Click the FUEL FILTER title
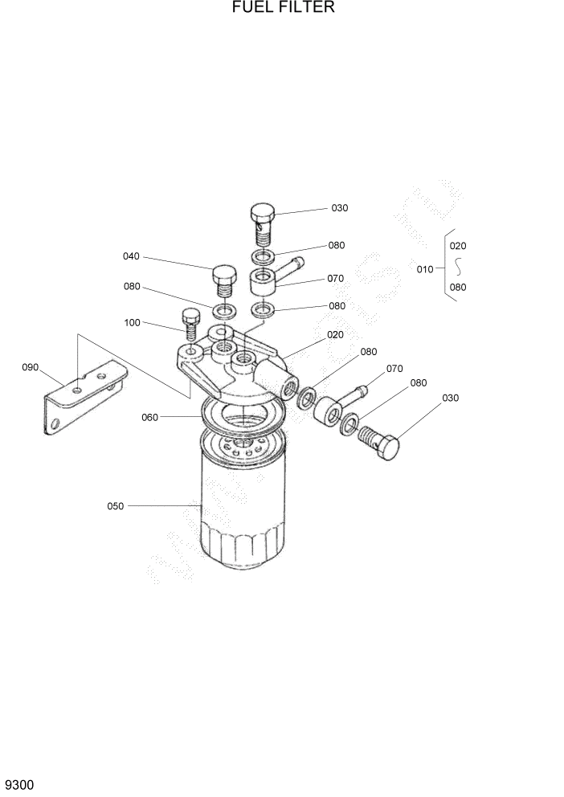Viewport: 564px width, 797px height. tap(282, 9)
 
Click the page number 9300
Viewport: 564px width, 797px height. tap(19, 783)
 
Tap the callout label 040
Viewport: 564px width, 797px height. tap(131, 256)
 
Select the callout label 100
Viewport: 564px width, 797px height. tap(132, 322)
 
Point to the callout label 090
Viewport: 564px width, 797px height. tap(31, 367)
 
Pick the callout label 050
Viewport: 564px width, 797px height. tap(116, 506)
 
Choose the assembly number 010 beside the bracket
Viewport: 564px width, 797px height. tap(425, 269)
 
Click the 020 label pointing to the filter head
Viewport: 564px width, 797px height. tap(335, 334)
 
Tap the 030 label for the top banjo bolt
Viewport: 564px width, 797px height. tap(340, 208)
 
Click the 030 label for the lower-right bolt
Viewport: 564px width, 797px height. tap(450, 398)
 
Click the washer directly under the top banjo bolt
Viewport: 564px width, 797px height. tap(262, 257)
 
